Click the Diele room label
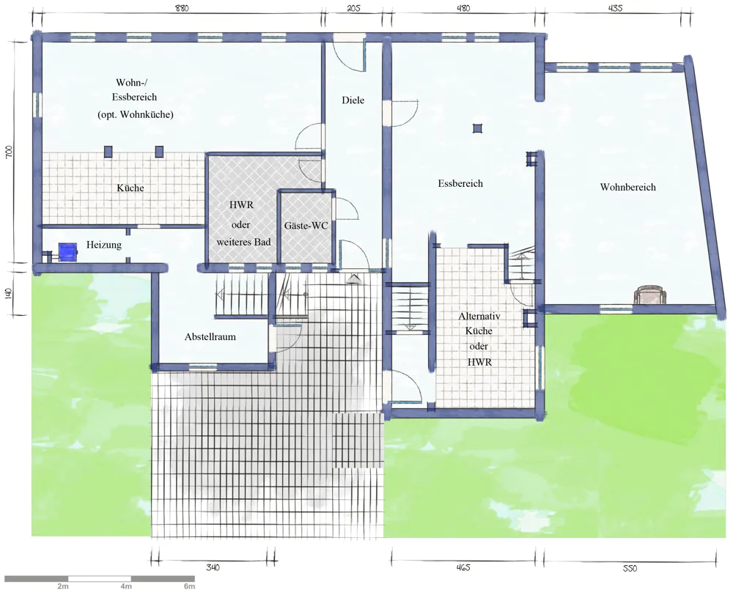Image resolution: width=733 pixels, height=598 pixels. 353,100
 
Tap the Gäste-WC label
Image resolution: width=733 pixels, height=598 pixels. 306,226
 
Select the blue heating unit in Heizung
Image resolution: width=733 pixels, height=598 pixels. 67,251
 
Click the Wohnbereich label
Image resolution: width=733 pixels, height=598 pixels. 628,187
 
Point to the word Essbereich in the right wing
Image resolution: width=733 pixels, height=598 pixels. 460,183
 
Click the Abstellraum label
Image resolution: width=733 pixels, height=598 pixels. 210,336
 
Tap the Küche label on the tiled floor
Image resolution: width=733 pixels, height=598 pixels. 130,188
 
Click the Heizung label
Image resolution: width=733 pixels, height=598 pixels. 104,245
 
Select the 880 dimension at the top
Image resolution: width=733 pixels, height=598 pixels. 181,8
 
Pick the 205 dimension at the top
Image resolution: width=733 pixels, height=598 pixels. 354,8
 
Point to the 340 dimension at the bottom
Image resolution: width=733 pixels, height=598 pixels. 213,567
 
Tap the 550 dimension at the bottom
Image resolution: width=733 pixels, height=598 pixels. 630,568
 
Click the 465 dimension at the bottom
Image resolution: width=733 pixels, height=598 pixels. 463,567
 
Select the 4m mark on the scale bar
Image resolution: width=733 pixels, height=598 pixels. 126,586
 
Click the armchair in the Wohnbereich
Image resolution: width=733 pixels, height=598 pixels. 649,295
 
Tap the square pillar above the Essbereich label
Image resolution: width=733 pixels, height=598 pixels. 477,128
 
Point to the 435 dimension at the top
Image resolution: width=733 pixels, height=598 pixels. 616,8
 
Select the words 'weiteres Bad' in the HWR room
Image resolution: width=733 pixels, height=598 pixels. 243,242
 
